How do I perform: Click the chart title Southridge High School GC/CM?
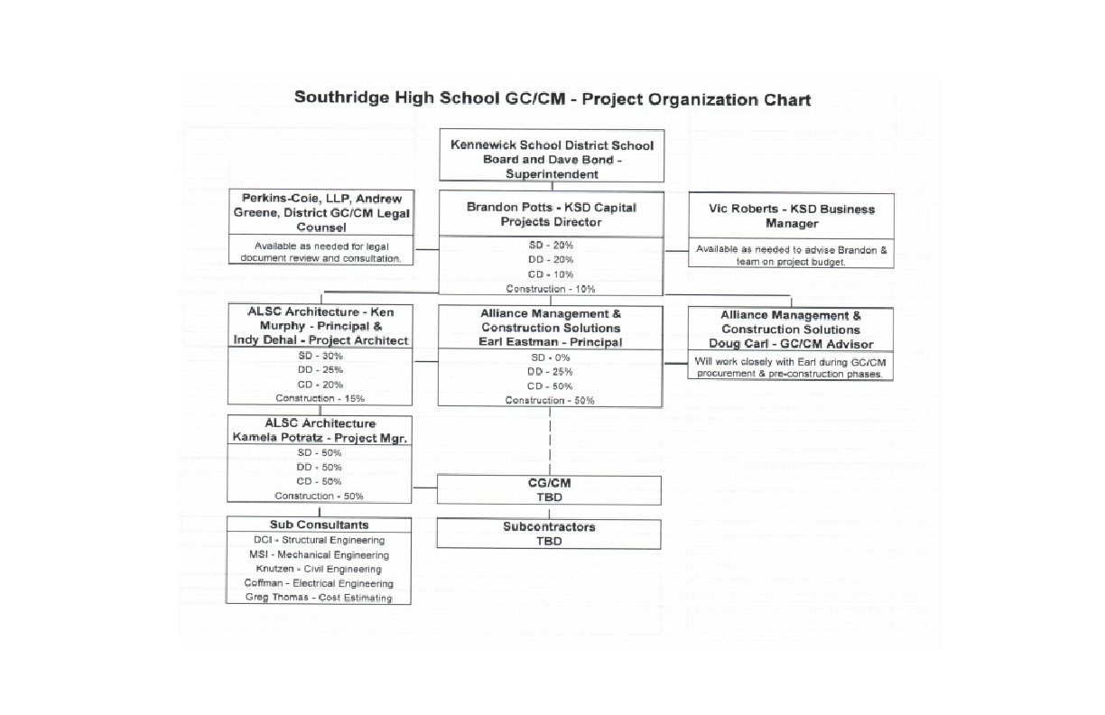(552, 98)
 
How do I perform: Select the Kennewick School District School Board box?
(552, 159)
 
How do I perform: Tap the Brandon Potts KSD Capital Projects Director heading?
(552, 214)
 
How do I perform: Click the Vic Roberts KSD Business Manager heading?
(791, 216)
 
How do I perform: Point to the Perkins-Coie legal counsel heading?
(321, 213)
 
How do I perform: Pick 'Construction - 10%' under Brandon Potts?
(551, 289)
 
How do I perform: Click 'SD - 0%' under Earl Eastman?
(551, 357)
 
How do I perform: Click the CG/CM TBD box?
(549, 490)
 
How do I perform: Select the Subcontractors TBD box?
(549, 534)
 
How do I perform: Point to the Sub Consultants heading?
(319, 525)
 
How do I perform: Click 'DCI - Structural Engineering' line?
(320, 540)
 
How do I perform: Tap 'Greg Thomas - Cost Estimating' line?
(320, 598)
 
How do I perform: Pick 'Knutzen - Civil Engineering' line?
(320, 569)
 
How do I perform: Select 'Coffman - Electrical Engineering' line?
(320, 583)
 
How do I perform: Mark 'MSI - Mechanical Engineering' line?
(320, 554)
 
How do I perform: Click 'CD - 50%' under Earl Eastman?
(551, 386)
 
